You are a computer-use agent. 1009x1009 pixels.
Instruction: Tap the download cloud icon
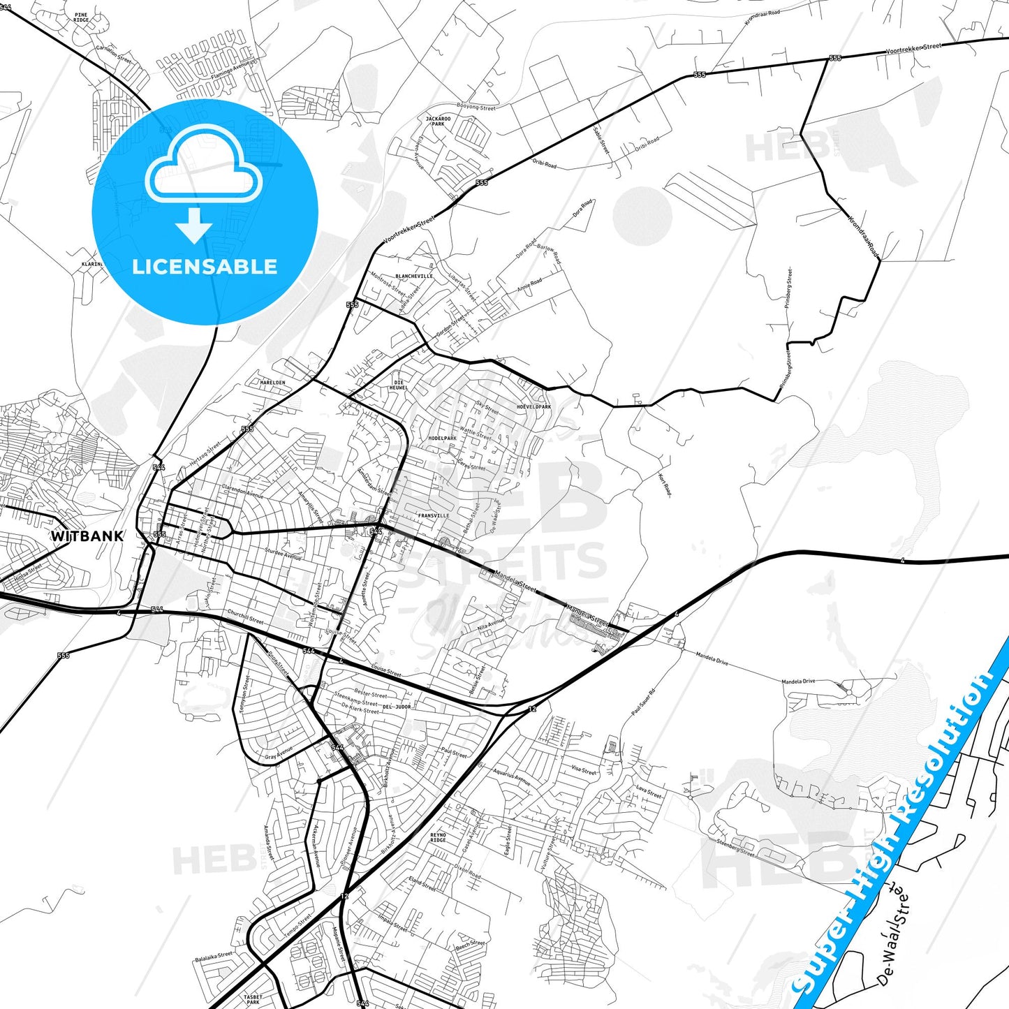[203, 182]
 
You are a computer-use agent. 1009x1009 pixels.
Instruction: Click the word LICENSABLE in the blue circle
[205, 267]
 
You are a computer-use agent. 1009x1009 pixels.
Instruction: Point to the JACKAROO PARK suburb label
[438, 121]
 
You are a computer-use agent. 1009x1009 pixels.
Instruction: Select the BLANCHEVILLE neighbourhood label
[414, 277]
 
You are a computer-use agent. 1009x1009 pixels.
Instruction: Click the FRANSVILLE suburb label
[434, 516]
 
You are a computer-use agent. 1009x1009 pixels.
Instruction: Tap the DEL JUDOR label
[397, 707]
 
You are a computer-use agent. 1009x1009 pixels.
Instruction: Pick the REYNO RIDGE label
[438, 837]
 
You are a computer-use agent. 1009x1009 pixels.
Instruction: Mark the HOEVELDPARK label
[534, 407]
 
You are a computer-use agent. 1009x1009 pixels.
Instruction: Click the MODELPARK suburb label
[442, 439]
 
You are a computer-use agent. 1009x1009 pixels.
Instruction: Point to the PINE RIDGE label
[82, 17]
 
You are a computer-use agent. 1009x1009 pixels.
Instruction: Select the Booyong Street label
[476, 108]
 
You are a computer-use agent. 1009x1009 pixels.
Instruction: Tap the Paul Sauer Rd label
[643, 702]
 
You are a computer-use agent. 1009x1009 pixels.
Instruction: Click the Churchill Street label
[246, 617]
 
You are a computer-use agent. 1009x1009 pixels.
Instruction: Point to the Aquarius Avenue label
[512, 777]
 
